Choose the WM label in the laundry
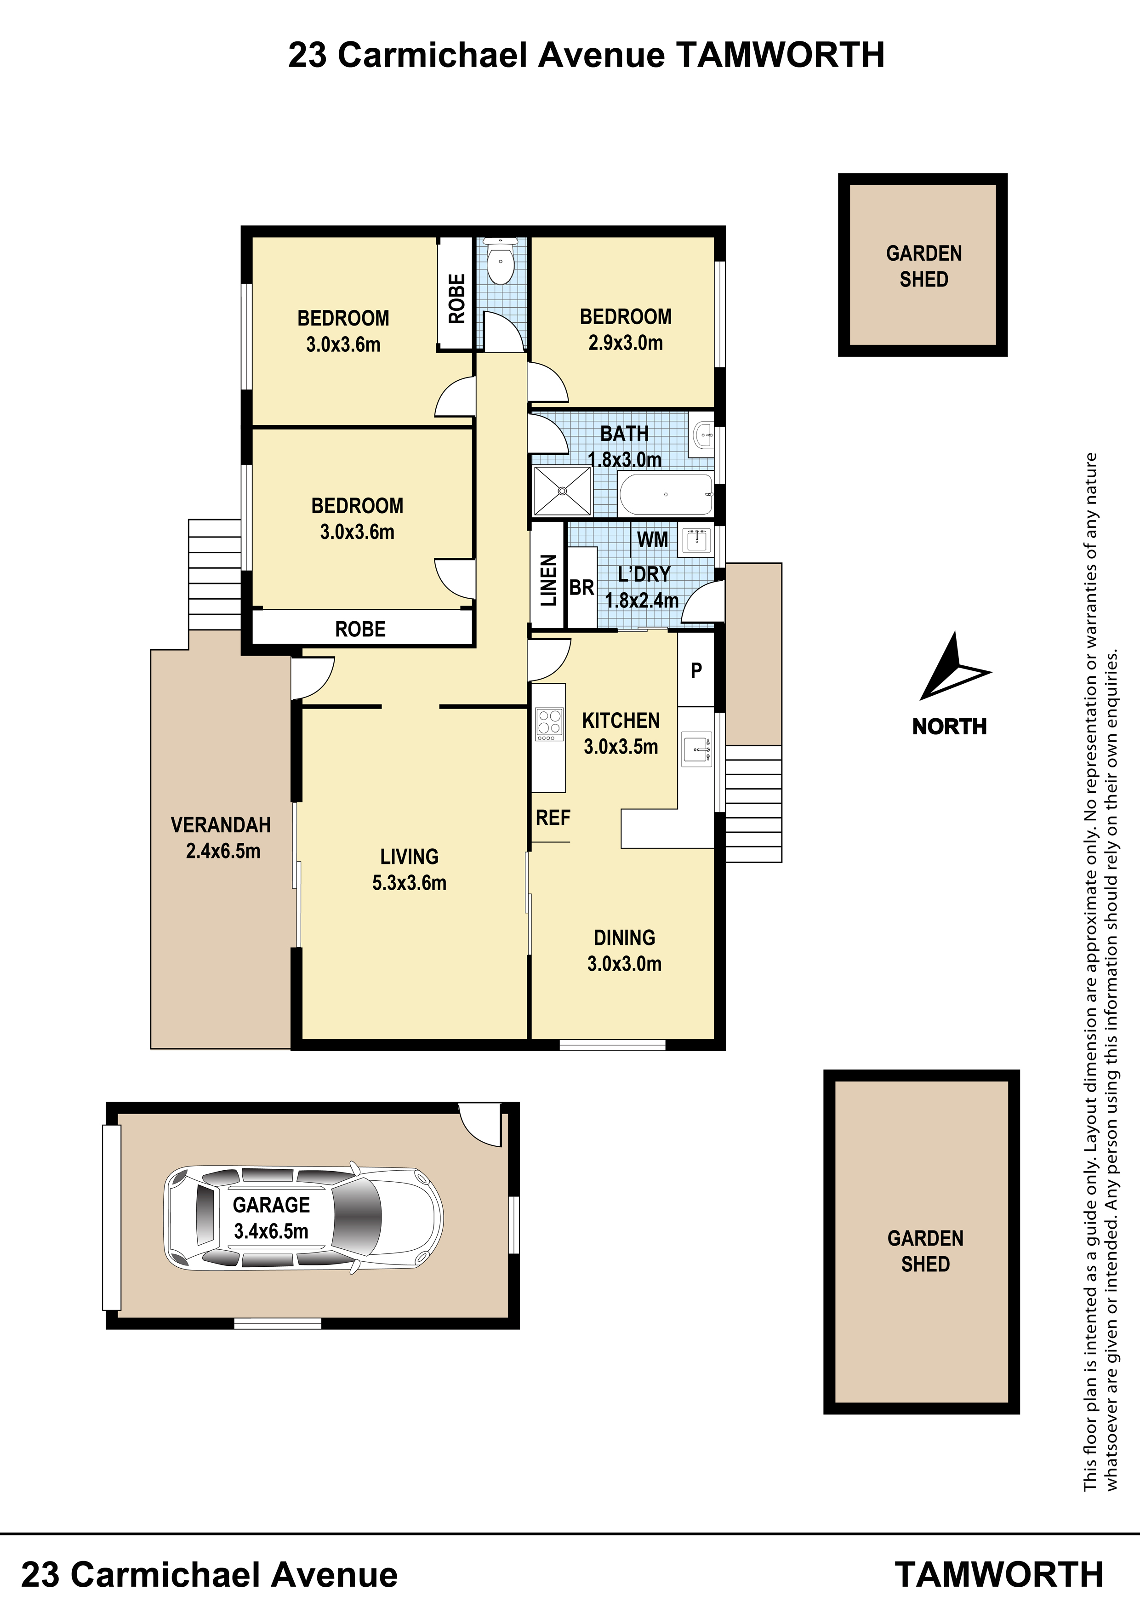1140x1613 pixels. coord(653,539)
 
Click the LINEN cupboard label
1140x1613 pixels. coord(548,580)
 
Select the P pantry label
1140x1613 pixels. coord(696,671)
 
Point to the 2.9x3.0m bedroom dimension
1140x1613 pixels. coord(626,343)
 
